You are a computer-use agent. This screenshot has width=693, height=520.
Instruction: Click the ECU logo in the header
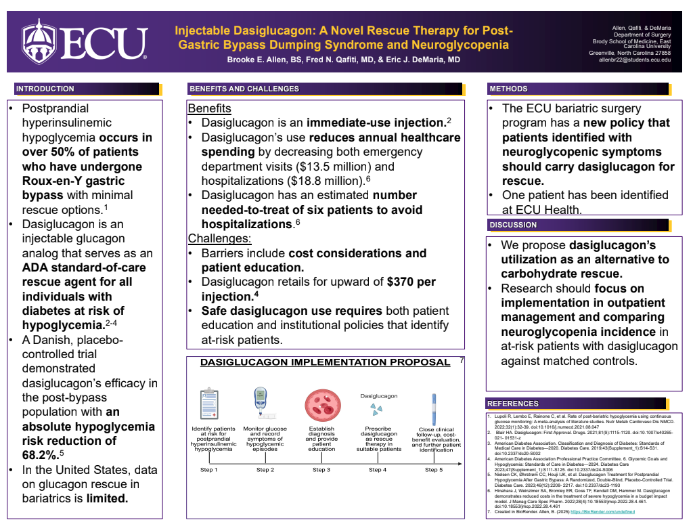click(x=85, y=42)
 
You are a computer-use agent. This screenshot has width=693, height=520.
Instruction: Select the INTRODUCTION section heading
click(x=45, y=89)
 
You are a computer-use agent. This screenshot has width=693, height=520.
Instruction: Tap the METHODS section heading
click(x=508, y=89)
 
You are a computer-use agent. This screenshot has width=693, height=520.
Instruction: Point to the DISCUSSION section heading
click(x=513, y=225)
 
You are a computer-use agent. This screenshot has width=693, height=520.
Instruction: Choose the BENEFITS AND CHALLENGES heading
click(x=244, y=89)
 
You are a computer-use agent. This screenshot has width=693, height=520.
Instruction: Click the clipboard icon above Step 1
click(x=209, y=404)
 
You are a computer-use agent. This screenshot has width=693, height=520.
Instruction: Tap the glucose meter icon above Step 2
click(x=261, y=404)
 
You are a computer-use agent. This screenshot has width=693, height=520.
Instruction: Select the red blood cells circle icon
click(x=321, y=404)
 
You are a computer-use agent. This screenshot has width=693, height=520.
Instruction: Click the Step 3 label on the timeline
click(x=321, y=470)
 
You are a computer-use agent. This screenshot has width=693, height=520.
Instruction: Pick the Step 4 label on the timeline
click(x=375, y=470)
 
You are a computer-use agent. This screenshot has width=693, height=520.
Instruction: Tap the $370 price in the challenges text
click(x=397, y=282)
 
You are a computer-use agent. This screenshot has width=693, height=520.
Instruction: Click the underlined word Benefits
click(x=209, y=109)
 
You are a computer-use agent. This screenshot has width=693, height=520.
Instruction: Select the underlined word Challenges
click(x=219, y=238)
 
